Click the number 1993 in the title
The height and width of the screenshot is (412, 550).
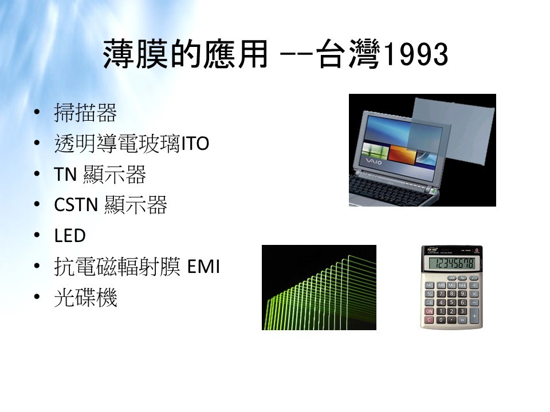(417, 55)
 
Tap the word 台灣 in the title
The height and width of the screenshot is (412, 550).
(348, 55)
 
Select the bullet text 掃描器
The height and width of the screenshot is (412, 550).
(85, 113)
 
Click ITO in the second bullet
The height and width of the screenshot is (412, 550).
(195, 143)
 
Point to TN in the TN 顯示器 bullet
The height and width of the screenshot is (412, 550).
(65, 174)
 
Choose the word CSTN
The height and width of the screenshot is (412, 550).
(76, 205)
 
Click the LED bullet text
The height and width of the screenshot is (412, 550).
(70, 236)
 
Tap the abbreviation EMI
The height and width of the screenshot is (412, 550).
(204, 267)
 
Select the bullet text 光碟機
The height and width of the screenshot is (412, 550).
(85, 298)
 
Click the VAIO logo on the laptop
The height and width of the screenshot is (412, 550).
(374, 161)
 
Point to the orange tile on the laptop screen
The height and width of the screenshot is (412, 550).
(403, 156)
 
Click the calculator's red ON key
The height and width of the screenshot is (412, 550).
(429, 311)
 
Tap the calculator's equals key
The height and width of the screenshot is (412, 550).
(462, 320)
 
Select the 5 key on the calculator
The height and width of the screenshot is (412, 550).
(452, 302)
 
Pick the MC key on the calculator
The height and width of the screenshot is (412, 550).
(430, 285)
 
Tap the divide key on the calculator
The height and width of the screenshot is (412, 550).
(474, 285)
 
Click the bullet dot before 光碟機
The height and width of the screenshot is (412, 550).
(37, 297)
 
